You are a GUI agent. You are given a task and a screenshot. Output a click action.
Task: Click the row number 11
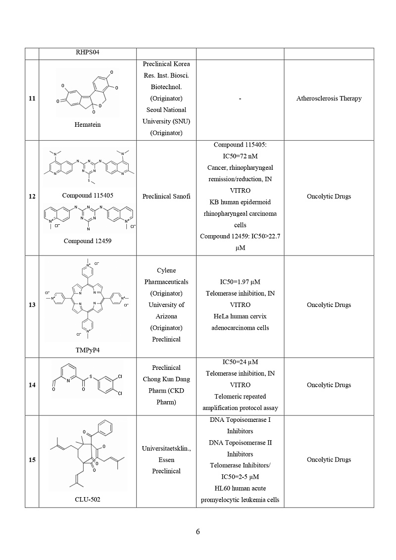click(32, 99)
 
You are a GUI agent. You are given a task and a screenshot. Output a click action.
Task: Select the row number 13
click(32, 305)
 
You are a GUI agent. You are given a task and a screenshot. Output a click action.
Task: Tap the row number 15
click(32, 460)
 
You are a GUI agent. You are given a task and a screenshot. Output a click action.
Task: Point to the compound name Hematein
click(87, 125)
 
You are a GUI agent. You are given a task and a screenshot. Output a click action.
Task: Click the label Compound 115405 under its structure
click(88, 196)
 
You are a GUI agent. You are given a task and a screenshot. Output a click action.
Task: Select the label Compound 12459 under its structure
click(87, 241)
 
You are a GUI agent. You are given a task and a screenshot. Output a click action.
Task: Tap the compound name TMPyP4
click(87, 350)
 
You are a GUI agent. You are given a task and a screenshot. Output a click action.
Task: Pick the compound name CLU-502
click(87, 500)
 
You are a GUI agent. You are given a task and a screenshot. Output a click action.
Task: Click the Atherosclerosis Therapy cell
click(329, 99)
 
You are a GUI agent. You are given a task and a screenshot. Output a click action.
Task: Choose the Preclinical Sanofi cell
click(166, 197)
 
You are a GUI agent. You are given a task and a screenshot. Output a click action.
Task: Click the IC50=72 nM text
click(240, 156)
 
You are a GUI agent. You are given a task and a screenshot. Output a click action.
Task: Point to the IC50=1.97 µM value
click(240, 282)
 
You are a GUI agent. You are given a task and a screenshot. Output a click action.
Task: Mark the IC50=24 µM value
click(240, 362)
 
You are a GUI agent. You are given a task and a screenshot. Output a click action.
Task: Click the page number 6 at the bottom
click(198, 532)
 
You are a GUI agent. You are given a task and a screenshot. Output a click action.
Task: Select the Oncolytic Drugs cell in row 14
click(329, 385)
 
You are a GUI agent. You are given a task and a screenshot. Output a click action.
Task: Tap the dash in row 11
click(240, 99)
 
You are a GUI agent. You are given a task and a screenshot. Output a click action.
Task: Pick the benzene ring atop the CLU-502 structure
click(104, 427)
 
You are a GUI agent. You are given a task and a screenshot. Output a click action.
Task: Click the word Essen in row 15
click(166, 459)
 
